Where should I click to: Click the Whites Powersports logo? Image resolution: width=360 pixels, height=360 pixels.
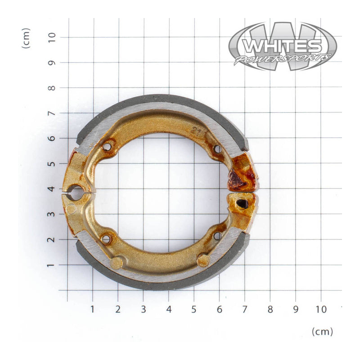point(282,46)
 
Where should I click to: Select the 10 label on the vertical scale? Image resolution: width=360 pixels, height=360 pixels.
point(52,37)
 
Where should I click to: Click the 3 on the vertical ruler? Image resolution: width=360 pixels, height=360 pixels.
point(52,214)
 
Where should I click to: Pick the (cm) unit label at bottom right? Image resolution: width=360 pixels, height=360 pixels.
point(322,332)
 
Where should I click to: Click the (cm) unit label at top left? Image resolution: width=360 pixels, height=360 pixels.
point(27,38)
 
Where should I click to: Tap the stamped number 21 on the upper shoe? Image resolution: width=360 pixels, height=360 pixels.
point(195,131)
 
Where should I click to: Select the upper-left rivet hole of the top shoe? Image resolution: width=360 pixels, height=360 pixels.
point(107,146)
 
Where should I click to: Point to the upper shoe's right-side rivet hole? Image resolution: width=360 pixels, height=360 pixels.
point(218,148)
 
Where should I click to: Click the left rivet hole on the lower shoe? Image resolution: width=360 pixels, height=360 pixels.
point(106,239)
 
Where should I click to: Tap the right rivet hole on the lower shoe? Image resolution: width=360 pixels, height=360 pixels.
point(217,235)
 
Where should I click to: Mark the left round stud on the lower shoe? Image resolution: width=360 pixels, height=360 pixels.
point(117,262)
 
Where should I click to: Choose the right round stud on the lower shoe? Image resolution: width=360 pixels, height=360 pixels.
point(203,260)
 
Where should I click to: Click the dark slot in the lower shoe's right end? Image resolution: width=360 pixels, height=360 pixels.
point(243,204)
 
